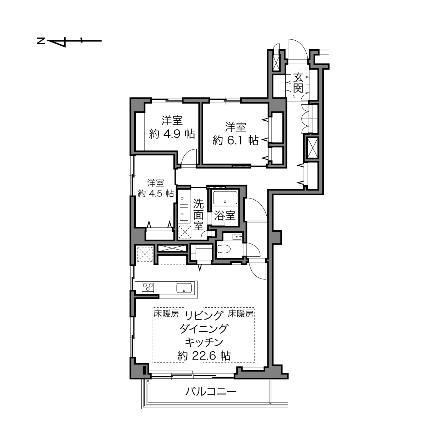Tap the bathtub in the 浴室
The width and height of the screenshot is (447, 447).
pyautogui.click(x=225, y=197)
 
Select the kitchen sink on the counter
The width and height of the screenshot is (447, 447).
pyautogui.click(x=184, y=288)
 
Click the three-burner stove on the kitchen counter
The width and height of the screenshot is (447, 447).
pyautogui.click(x=148, y=288)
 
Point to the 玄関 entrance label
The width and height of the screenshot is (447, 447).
pyautogui.click(x=298, y=82)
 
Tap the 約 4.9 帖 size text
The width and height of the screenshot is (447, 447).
pyautogui.click(x=172, y=134)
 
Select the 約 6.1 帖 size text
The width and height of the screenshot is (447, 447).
pyautogui.click(x=235, y=140)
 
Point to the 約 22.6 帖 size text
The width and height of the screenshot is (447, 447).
pyautogui.click(x=204, y=355)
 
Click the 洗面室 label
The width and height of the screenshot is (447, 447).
pyautogui.click(x=199, y=215)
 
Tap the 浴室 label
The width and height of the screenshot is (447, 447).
pyautogui.click(x=225, y=216)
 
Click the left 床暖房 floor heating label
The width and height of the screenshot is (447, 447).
pyautogui.click(x=166, y=313)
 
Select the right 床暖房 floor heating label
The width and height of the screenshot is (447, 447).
pyautogui.click(x=240, y=313)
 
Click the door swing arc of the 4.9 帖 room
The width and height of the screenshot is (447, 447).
pyautogui.click(x=188, y=154)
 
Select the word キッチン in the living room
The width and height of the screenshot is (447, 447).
pyautogui.click(x=204, y=342)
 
